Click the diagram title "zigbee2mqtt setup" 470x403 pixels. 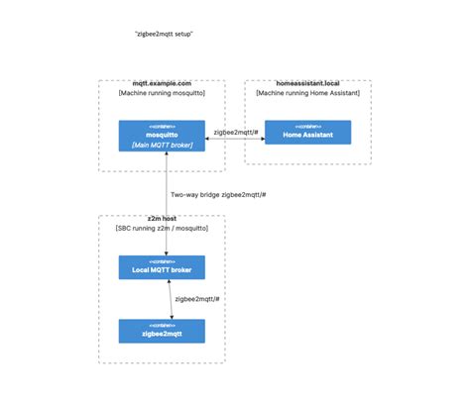click(x=164, y=34)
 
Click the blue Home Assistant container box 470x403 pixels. click(x=307, y=132)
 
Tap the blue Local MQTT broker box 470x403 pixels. click(x=162, y=267)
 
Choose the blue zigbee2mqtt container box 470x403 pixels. click(x=162, y=331)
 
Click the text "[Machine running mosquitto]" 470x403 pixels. click(x=162, y=93)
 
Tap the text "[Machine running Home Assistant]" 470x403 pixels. click(x=308, y=93)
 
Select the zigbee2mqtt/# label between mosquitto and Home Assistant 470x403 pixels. click(x=236, y=131)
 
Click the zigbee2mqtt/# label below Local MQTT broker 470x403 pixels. click(x=197, y=298)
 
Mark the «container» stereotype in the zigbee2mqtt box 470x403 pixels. click(x=162, y=325)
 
